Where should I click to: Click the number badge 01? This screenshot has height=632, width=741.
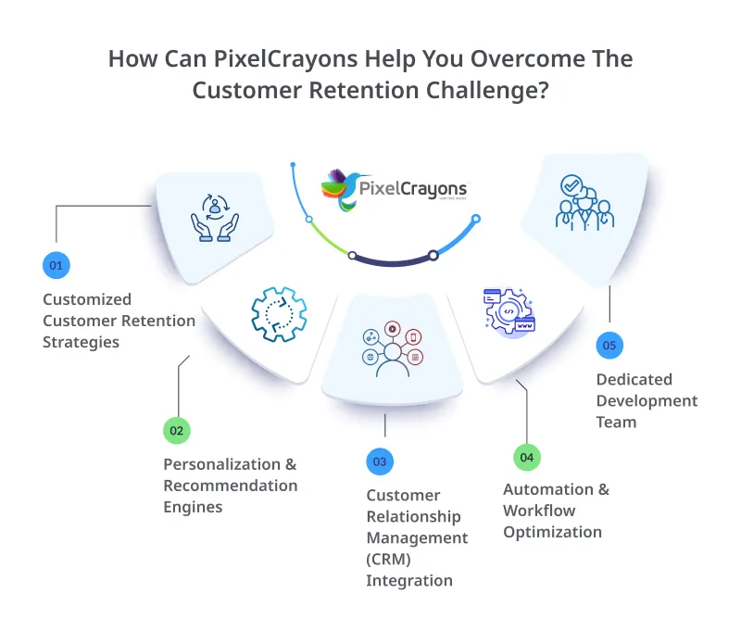[56, 265]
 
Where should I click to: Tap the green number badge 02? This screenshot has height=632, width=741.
[176, 430]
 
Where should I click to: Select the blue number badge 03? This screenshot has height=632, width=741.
[379, 461]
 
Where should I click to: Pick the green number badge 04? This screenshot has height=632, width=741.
[526, 456]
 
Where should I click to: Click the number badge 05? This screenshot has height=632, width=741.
[609, 346]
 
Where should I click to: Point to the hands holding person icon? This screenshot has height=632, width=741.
[214, 221]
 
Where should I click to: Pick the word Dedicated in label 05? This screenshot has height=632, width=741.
[634, 379]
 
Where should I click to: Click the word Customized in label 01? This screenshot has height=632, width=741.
[87, 299]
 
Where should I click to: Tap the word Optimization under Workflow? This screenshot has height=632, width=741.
[552, 532]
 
